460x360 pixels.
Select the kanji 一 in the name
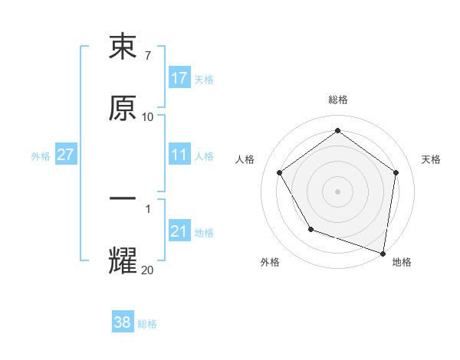pos(123,199)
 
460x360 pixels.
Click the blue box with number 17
pos(179,78)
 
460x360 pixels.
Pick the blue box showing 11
pos(179,155)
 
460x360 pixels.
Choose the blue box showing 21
pos(179,231)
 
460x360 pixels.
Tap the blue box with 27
pos(66,155)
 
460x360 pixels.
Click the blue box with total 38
pos(123,322)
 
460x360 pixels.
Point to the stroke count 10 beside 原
pos(148,117)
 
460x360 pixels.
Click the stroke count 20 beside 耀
pos(148,270)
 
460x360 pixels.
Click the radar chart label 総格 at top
pos(337,100)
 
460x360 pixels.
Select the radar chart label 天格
pos(431,159)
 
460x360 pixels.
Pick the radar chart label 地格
pos(402,262)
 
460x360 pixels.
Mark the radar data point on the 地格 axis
pos(383,253)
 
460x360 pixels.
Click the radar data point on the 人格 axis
pos(279,173)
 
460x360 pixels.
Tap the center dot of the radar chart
pos(337,191)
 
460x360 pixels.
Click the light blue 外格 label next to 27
pos(41,156)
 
